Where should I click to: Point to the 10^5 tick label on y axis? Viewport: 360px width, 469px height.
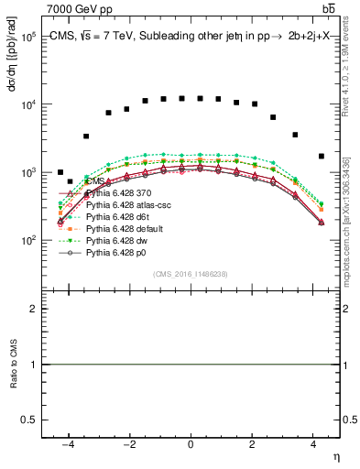pos(27,37)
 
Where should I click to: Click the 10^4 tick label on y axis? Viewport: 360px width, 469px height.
pos(27,104)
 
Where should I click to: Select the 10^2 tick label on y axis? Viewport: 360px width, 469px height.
pos(27,240)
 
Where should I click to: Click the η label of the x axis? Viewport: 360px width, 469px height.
pos(335,456)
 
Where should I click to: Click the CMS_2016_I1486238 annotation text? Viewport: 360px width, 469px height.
pos(190,273)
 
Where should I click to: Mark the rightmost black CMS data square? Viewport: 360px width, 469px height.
pos(321,157)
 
